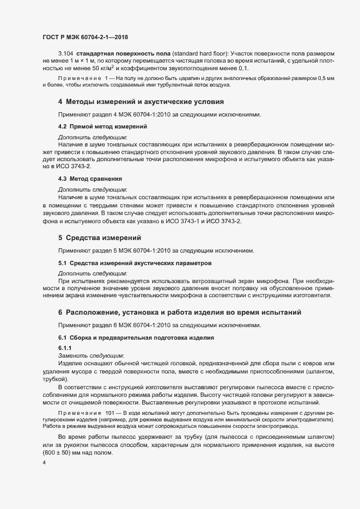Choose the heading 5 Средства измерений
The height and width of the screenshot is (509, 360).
point(99,238)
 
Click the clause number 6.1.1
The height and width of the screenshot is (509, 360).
point(65,348)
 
